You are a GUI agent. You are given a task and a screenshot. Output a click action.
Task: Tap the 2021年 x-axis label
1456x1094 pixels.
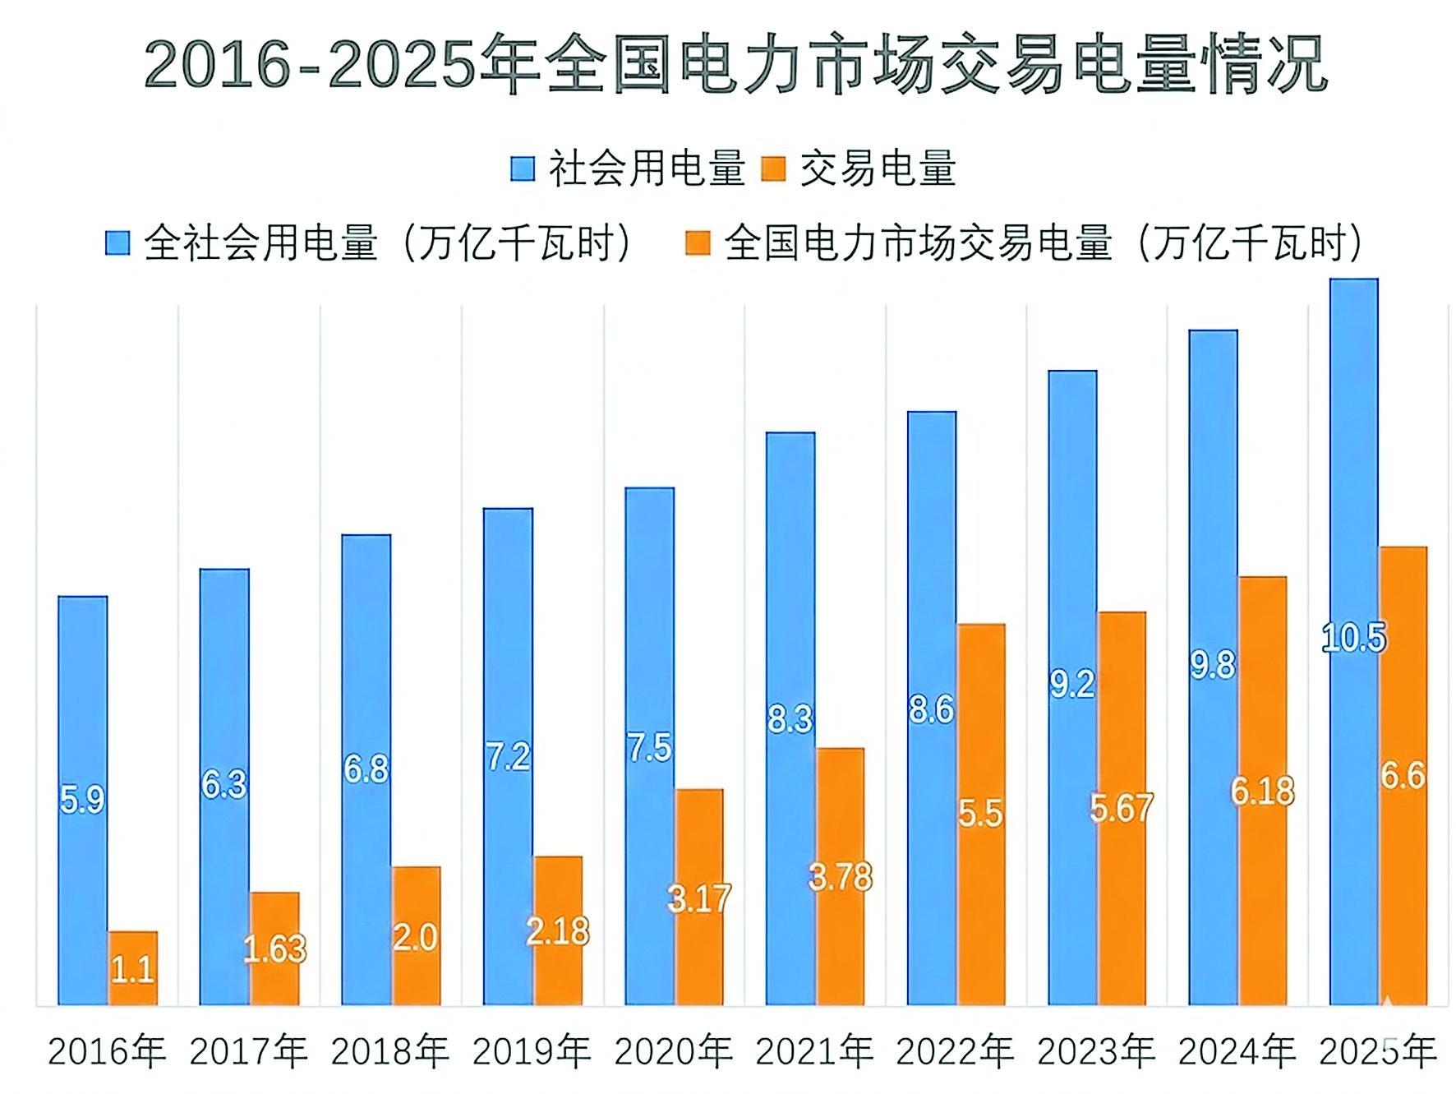tap(814, 1051)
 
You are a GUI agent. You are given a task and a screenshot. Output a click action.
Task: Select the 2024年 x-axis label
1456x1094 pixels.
tap(1237, 1051)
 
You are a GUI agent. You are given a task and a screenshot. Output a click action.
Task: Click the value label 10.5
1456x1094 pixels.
tap(1353, 639)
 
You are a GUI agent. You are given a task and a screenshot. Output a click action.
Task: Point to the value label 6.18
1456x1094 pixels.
tap(1262, 792)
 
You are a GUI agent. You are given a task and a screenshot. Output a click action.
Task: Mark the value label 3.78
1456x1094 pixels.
tap(840, 877)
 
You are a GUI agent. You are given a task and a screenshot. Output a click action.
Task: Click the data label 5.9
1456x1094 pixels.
tap(82, 800)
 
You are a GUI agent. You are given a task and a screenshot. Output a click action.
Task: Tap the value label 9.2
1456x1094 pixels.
tap(1072, 684)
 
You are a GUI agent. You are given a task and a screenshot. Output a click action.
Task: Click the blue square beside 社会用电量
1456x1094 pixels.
tap(522, 168)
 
